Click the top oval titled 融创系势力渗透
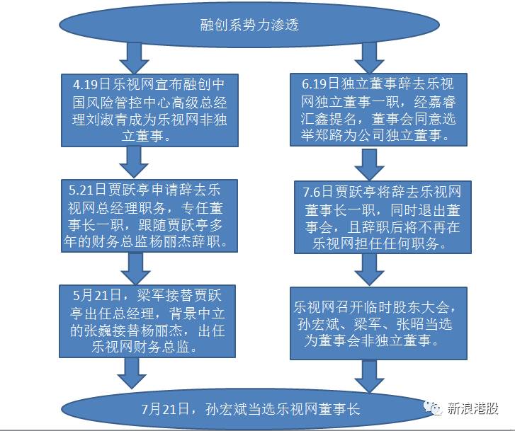(x=249, y=25)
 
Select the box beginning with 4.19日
(x=149, y=110)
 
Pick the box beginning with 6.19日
(x=378, y=110)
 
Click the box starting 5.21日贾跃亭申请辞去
(x=149, y=216)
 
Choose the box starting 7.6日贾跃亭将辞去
(x=383, y=217)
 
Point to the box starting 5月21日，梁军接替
(x=147, y=321)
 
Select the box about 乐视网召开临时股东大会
(x=378, y=323)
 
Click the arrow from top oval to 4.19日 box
(x=135, y=58)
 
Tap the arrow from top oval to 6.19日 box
(x=370, y=58)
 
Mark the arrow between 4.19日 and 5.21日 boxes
(x=134, y=163)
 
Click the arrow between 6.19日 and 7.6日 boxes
(x=370, y=163)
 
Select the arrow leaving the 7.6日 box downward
(x=370, y=270)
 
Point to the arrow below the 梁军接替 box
(x=132, y=373)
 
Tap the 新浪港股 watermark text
(x=472, y=408)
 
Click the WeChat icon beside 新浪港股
(x=433, y=408)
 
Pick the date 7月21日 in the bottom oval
(x=165, y=409)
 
